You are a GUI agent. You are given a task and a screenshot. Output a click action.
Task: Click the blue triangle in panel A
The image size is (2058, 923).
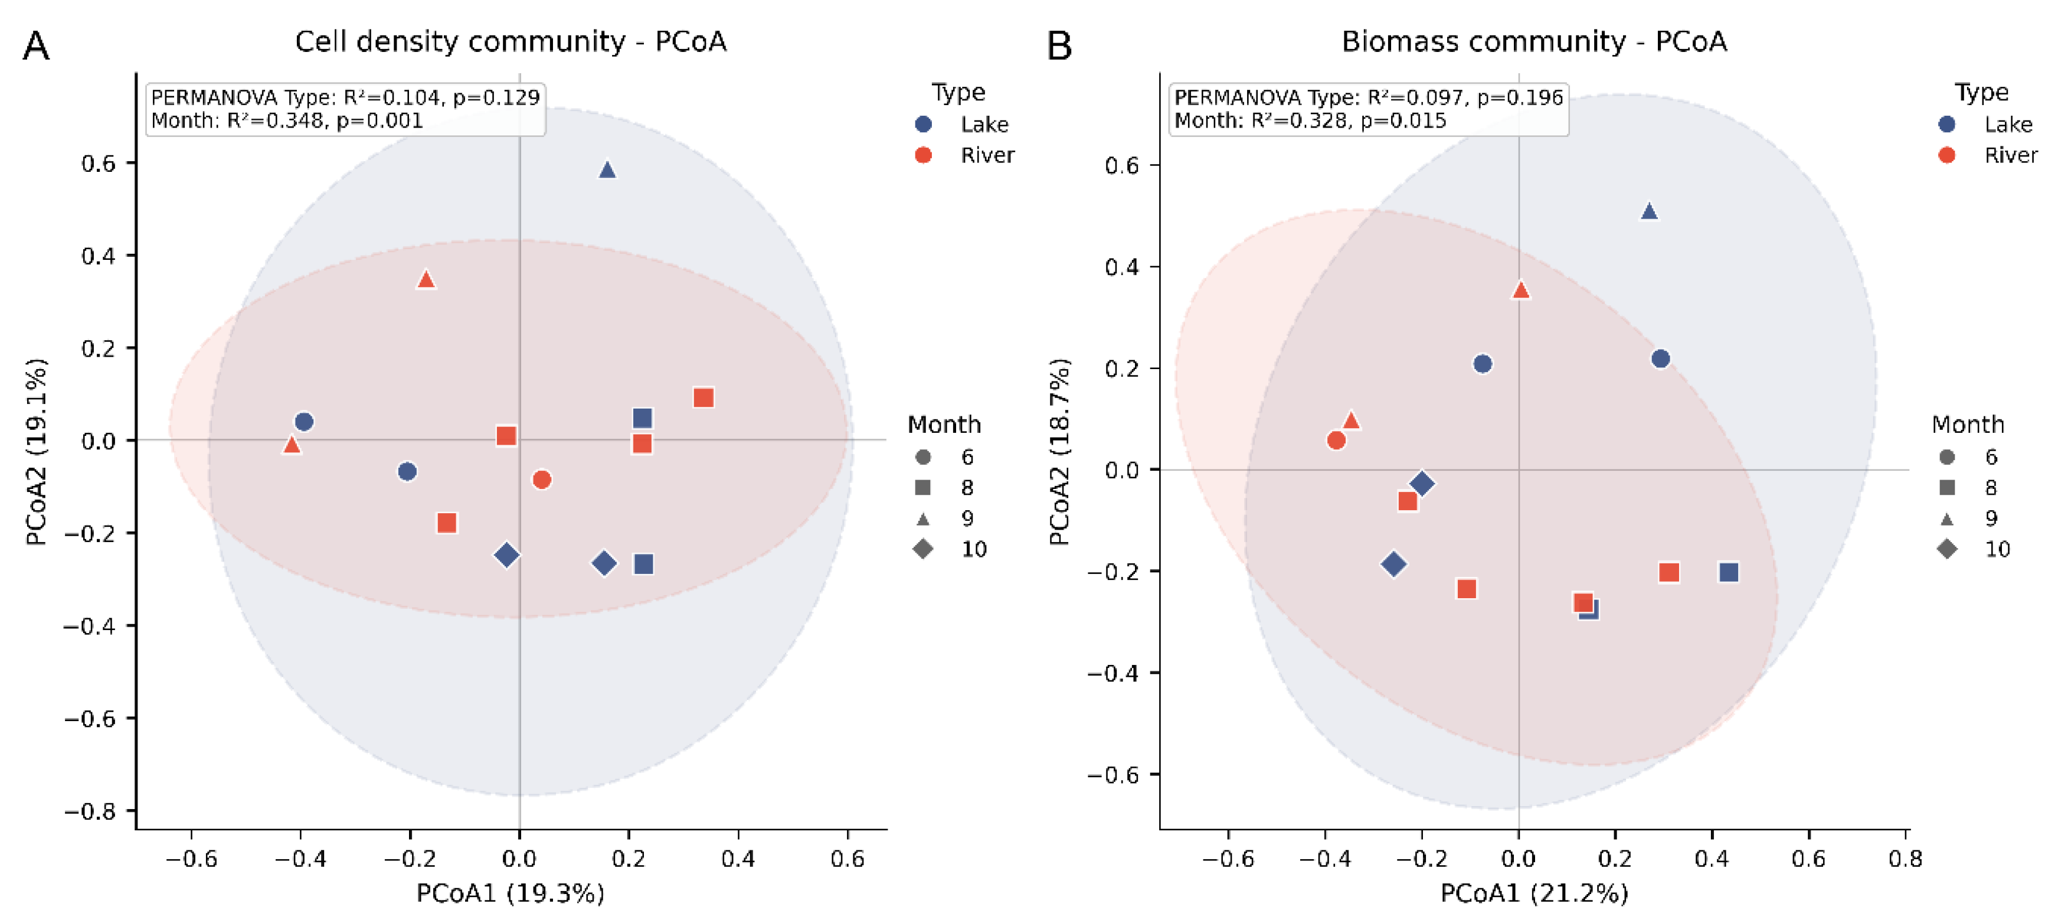click(x=607, y=169)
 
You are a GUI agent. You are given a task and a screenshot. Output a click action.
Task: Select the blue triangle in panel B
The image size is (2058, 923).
click(x=1649, y=211)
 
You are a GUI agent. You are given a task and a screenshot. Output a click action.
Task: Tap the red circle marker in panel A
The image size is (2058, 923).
click(x=542, y=480)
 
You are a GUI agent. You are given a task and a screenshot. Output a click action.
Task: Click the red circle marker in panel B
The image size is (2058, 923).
click(x=1336, y=439)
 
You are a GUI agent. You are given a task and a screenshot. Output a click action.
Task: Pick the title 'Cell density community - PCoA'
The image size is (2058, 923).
click(x=511, y=41)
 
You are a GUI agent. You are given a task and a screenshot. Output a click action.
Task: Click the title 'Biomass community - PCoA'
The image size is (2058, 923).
click(x=1534, y=41)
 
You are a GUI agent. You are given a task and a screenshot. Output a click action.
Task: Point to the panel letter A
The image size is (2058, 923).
click(x=36, y=45)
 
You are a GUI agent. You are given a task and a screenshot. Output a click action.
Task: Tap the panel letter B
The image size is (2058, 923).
click(x=1059, y=45)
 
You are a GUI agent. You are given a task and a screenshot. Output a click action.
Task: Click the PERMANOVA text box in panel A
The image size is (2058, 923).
click(x=345, y=109)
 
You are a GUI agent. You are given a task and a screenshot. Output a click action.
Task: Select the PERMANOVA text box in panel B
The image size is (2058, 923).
click(x=1369, y=109)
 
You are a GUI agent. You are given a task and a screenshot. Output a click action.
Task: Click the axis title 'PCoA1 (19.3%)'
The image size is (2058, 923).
click(x=511, y=893)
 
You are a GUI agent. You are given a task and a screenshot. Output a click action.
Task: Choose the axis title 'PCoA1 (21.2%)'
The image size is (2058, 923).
click(x=1534, y=893)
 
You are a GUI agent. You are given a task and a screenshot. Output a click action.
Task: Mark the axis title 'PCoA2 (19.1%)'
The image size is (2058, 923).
click(x=36, y=452)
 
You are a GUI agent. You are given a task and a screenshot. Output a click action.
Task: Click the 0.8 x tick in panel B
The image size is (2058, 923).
click(x=1905, y=858)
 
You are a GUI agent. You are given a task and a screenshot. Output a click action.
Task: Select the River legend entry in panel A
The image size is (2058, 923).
click(x=965, y=155)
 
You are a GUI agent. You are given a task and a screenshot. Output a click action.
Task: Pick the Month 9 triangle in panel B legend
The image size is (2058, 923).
click(x=1947, y=518)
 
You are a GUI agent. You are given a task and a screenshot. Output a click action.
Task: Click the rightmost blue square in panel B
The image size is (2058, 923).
click(x=1729, y=572)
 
